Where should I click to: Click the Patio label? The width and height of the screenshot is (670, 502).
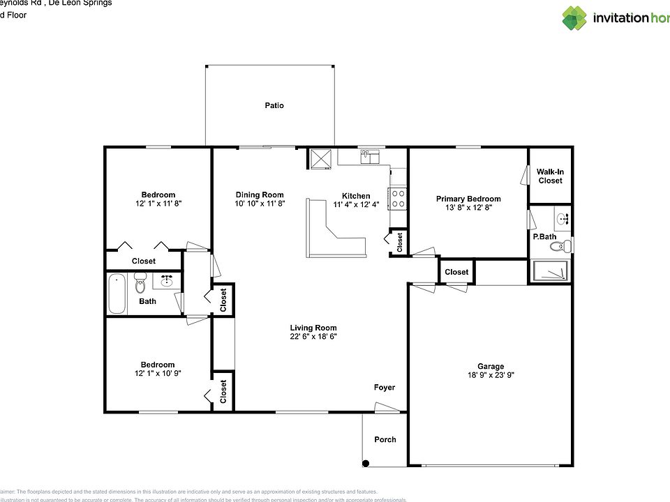274,106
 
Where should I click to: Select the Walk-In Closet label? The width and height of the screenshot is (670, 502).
550,176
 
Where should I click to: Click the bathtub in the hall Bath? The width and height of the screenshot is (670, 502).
117,293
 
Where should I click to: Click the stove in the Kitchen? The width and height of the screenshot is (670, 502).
399,199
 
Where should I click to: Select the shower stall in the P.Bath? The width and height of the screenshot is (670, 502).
551,271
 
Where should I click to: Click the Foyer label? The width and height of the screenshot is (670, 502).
385,388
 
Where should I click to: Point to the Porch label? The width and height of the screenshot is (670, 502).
385,439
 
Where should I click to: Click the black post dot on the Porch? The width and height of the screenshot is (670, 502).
365,463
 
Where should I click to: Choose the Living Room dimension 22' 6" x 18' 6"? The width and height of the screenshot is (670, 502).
313,337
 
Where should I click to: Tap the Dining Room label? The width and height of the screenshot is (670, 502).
260,195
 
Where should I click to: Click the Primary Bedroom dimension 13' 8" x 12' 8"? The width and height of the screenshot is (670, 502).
468,208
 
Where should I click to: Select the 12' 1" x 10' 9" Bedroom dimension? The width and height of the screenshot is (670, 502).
158,374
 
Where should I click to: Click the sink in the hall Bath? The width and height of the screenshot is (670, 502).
167,281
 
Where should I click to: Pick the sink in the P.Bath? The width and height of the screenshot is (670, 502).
563,218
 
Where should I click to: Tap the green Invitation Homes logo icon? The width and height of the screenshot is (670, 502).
574,18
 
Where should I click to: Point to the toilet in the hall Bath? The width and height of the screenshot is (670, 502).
140,285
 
